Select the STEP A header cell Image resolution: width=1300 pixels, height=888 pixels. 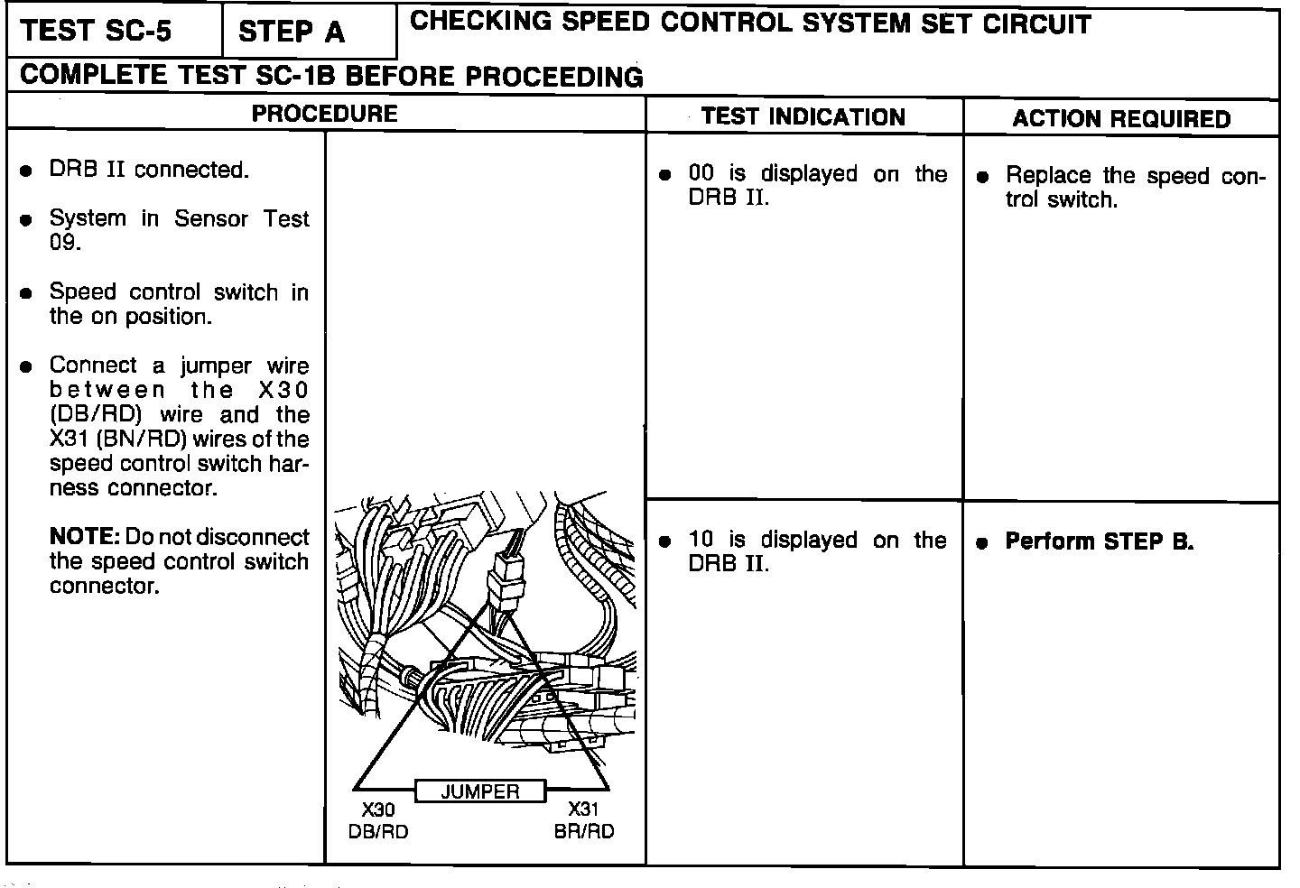pyautogui.click(x=291, y=32)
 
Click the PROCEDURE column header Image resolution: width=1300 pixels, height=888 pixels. pyautogui.click(x=324, y=114)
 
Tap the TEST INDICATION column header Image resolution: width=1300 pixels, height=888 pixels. pyautogui.click(x=803, y=116)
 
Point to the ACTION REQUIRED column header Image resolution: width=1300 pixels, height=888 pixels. pyautogui.click(x=1121, y=119)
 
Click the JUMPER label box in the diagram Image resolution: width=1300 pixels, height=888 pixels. pyautogui.click(x=480, y=791)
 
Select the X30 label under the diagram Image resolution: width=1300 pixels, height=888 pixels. pyautogui.click(x=378, y=810)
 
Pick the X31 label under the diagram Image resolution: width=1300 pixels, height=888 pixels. pyautogui.click(x=583, y=809)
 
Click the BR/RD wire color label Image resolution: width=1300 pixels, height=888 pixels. pyautogui.click(x=584, y=831)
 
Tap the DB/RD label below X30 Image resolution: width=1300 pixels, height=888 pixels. pyautogui.click(x=378, y=831)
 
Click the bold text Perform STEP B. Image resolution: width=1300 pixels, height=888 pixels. pyautogui.click(x=1100, y=541)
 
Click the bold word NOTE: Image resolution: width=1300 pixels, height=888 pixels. pyautogui.click(x=84, y=537)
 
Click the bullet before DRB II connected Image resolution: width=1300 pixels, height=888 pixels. pyautogui.click(x=28, y=171)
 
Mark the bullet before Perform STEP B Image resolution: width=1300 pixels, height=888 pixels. pyautogui.click(x=984, y=543)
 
